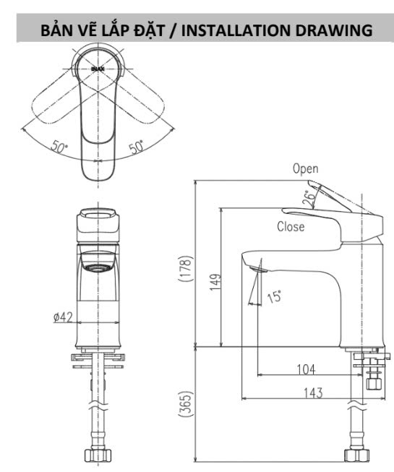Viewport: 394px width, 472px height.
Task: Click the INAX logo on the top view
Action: click(x=98, y=69)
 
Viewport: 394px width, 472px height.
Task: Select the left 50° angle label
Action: click(x=59, y=146)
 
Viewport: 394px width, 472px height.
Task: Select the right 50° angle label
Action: click(x=136, y=147)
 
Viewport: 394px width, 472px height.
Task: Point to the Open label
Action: click(x=306, y=169)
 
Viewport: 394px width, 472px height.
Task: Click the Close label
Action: click(x=291, y=227)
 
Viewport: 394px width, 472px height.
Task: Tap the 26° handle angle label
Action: click(x=309, y=198)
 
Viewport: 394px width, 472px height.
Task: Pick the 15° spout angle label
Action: click(x=275, y=297)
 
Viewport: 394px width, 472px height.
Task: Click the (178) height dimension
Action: click(x=185, y=269)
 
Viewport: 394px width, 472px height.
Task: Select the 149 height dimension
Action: click(x=215, y=282)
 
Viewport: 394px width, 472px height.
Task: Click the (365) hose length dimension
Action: click(x=185, y=404)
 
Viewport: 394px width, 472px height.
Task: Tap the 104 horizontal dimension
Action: click(x=306, y=369)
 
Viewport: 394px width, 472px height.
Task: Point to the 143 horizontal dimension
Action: click(x=313, y=393)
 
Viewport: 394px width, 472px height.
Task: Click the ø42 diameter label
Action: click(x=63, y=317)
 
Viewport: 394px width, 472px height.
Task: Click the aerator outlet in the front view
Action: click(x=98, y=267)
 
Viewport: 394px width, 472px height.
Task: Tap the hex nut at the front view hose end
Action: click(x=98, y=456)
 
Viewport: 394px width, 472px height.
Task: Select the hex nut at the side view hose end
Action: click(x=357, y=455)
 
